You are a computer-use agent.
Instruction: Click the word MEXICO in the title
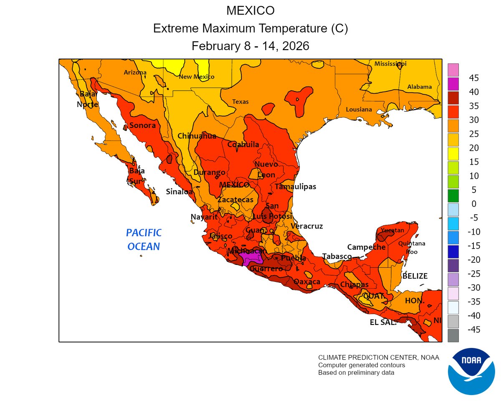pyautogui.click(x=250, y=10)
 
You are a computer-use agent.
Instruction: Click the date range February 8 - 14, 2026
pyautogui.click(x=250, y=46)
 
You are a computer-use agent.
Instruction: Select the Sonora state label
pyautogui.click(x=142, y=125)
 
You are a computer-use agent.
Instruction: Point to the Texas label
pyautogui.click(x=240, y=102)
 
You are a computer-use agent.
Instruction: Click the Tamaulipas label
pyautogui.click(x=295, y=187)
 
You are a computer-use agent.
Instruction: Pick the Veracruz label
pyautogui.click(x=307, y=226)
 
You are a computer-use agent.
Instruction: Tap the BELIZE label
pyautogui.click(x=415, y=276)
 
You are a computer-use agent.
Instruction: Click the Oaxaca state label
pyautogui.click(x=307, y=282)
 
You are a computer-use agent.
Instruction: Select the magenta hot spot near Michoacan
pyautogui.click(x=252, y=260)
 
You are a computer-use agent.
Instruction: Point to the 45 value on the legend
pyautogui.click(x=473, y=78)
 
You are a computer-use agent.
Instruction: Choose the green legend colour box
pyautogui.click(x=453, y=195)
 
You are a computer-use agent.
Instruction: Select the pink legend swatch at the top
pyautogui.click(x=453, y=69)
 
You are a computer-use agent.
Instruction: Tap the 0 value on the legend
pyautogui.click(x=474, y=203)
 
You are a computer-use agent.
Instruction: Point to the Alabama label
pyautogui.click(x=419, y=87)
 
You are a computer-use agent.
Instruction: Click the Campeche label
pyautogui.click(x=366, y=247)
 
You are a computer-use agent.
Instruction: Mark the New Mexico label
pyautogui.click(x=196, y=77)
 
